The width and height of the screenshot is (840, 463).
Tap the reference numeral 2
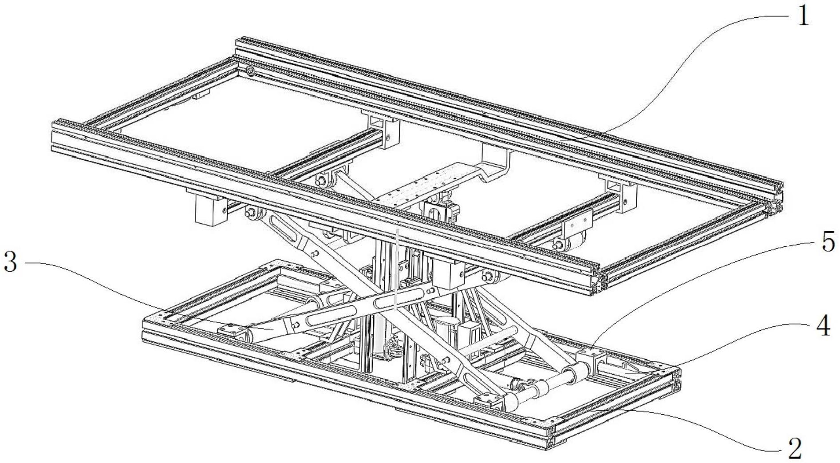pyautogui.click(x=795, y=449)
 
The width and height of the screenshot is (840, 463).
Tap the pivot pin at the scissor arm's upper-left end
pyautogui.click(x=250, y=213)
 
